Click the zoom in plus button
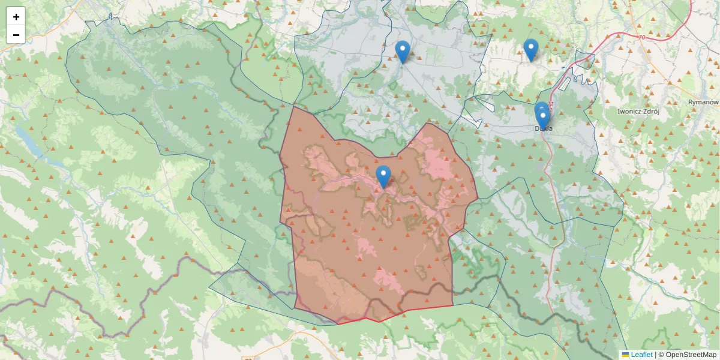tap(16, 17)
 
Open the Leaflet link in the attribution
tap(641, 355)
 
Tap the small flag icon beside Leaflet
tap(625, 355)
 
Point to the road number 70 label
tap(641, 38)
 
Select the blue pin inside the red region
tap(383, 175)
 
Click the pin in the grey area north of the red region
tap(403, 51)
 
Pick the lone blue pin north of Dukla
tap(530, 49)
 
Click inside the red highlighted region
tap(360, 240)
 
